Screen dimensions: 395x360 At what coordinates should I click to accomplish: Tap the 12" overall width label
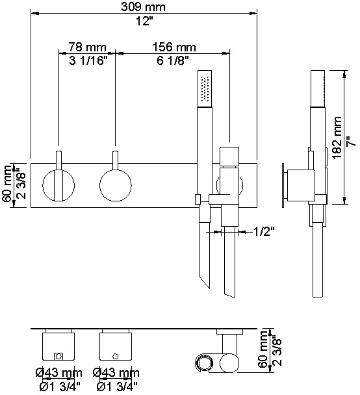144,21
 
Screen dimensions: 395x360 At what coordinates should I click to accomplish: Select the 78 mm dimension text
87,47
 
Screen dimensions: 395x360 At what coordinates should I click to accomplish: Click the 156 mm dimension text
174,47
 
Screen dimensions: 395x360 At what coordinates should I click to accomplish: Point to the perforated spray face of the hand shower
206,88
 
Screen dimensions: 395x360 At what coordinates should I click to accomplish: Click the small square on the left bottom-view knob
59,355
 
